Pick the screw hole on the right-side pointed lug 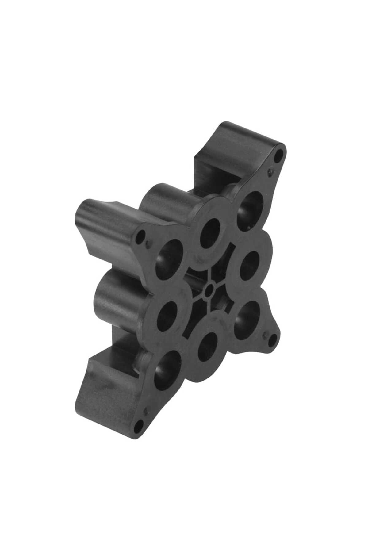(x=271, y=339)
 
